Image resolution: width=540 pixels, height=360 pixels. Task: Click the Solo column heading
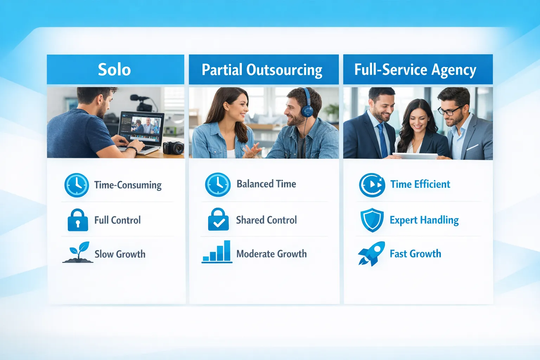[x=114, y=70]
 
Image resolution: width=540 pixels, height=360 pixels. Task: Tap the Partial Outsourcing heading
[x=262, y=70]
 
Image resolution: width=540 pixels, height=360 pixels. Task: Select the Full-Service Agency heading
[x=415, y=70]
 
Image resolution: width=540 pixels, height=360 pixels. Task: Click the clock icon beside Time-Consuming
[x=77, y=185]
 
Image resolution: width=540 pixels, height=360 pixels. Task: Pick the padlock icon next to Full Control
[x=78, y=220]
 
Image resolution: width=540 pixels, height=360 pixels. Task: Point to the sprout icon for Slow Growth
[x=78, y=252]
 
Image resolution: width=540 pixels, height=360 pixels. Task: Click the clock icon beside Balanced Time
[x=218, y=185]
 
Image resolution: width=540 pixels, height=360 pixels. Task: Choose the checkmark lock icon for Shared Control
[x=218, y=220]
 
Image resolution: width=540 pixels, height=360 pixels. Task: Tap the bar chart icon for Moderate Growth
[x=217, y=252]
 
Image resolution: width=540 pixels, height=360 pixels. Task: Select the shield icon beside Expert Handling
[x=372, y=220]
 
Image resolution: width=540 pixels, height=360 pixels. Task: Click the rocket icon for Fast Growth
[x=371, y=253]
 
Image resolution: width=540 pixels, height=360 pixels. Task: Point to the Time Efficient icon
[x=372, y=185]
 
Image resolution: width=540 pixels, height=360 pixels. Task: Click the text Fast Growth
[x=415, y=254]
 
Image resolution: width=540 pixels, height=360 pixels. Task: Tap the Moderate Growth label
[x=271, y=254]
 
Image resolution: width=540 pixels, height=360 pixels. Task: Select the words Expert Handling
[x=424, y=220]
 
